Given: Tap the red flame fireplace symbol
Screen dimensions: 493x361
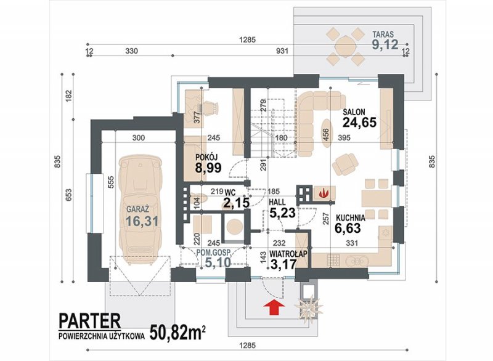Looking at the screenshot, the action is [x=322, y=193].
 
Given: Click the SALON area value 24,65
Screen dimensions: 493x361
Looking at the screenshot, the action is [x=359, y=123].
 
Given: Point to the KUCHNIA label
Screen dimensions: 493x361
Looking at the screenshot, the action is [x=351, y=217].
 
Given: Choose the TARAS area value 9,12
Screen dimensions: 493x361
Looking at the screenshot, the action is [x=385, y=44].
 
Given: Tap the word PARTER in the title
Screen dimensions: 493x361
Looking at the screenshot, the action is [x=89, y=321].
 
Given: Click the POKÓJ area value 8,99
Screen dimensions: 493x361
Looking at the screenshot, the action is [x=208, y=168].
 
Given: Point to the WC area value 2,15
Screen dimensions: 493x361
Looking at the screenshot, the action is [x=236, y=203].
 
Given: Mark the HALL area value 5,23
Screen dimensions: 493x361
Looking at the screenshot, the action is [x=282, y=213].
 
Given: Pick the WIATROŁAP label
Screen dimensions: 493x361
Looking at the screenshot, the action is [x=288, y=254].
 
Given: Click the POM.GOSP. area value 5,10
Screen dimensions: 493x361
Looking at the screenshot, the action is [x=218, y=262].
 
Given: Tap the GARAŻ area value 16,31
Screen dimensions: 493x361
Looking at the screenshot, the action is [x=142, y=221].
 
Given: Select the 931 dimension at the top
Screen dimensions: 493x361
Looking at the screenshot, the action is [x=282, y=51].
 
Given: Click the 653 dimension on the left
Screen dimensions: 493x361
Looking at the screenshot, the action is [x=69, y=195].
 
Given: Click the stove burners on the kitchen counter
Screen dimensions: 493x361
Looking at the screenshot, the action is [x=333, y=260].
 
